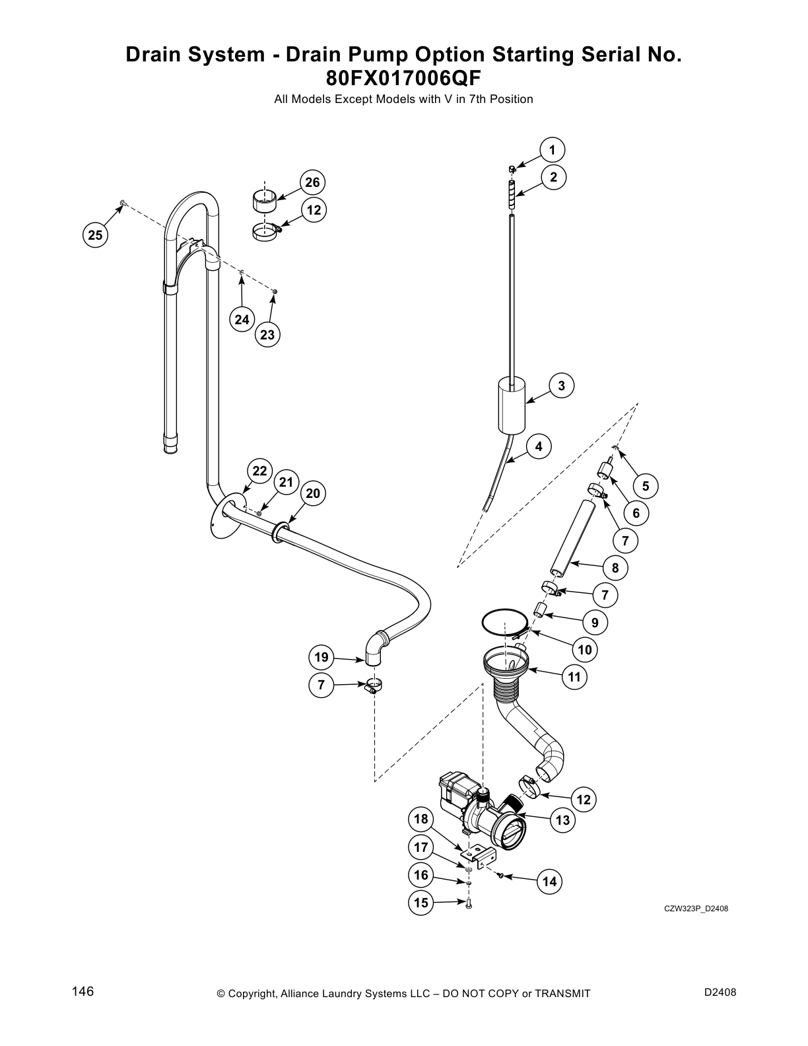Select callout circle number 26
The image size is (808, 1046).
[312, 182]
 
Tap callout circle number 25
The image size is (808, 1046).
[95, 234]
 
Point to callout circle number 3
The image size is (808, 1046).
[561, 386]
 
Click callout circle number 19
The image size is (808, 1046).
[321, 657]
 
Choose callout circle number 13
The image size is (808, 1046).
[562, 820]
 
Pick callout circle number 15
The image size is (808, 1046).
[421, 903]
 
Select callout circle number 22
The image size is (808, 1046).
[259, 470]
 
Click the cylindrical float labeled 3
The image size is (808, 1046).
[510, 404]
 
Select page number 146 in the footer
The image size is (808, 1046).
[83, 992]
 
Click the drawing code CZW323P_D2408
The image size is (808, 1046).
[696, 909]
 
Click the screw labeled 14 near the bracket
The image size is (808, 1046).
[501, 876]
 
